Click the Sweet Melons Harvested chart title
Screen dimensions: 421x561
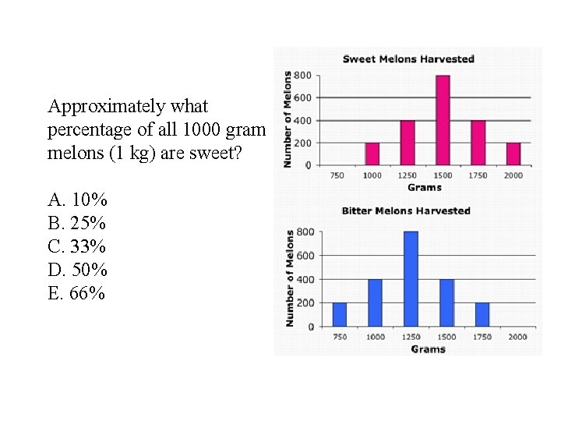[x=408, y=58]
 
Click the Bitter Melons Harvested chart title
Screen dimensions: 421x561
[x=406, y=210]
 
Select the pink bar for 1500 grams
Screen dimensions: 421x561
[x=443, y=120]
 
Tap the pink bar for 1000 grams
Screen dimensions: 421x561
[x=372, y=154]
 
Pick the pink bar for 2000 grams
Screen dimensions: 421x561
[x=513, y=154]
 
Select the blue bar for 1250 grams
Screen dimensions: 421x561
[x=411, y=278]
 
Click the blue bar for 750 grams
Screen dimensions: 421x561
[x=339, y=314]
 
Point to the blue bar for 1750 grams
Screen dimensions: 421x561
[x=482, y=314]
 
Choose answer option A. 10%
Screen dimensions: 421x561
[x=77, y=200]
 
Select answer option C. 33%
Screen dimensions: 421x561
[x=77, y=246]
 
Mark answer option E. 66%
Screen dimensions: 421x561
[x=77, y=293]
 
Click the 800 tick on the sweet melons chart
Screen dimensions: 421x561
[x=302, y=75]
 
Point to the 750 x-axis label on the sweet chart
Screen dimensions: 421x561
[x=337, y=175]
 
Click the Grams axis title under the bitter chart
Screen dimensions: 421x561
[x=428, y=349]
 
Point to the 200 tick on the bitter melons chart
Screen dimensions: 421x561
[x=305, y=302]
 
